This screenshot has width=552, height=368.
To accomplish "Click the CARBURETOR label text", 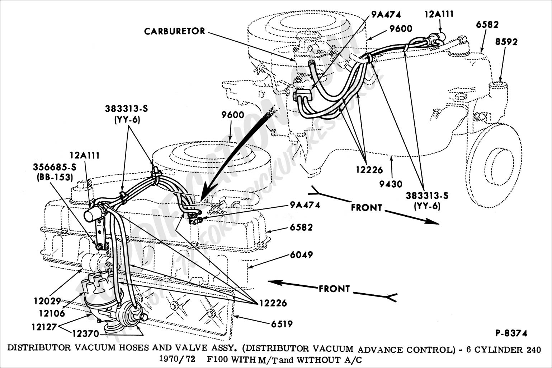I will [174, 31].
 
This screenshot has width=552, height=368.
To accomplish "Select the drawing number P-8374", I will [511, 333].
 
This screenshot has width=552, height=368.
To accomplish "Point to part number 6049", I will [302, 255].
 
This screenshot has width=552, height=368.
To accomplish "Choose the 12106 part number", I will [53, 313].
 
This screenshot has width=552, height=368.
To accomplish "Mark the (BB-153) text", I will [54, 177].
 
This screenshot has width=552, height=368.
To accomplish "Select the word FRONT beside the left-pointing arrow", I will [334, 289].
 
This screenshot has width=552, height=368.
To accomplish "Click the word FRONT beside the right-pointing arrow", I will [366, 207].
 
